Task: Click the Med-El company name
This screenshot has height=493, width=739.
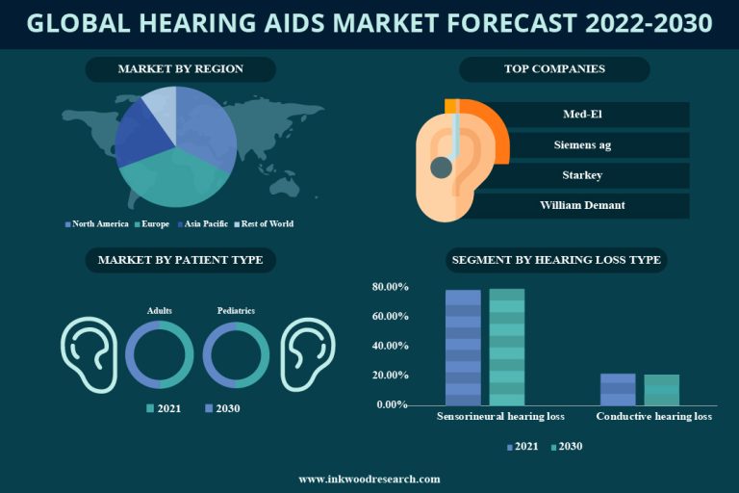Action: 582,115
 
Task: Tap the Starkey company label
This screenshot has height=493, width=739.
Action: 582,175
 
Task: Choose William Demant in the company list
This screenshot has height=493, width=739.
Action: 582,205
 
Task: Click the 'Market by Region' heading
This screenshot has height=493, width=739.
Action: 180,69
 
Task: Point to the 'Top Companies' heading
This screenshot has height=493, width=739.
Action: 554,69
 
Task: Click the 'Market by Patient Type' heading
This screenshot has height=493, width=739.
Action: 180,260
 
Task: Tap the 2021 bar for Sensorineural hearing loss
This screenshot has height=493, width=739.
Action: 463,347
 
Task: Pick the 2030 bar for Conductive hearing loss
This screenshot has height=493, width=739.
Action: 661,389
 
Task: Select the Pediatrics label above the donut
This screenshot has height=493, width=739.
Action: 236,311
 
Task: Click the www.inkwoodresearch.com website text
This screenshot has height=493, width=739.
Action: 369,479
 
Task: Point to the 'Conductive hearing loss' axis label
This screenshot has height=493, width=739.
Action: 654,418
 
